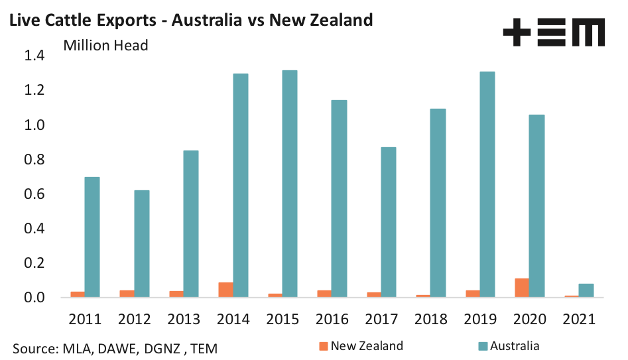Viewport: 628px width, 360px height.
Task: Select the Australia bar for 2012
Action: click(x=142, y=243)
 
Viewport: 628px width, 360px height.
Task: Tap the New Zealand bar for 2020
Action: click(x=522, y=288)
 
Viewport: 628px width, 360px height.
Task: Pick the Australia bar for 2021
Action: click(x=586, y=290)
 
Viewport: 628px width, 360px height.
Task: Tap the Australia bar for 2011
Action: click(x=92, y=237)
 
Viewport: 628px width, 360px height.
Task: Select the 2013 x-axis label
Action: click(x=183, y=320)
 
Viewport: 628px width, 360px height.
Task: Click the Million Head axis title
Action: click(x=105, y=46)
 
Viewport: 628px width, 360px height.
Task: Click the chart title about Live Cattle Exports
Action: click(x=190, y=20)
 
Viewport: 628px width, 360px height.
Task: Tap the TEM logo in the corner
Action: click(x=553, y=32)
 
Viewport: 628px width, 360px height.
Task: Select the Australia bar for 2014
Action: click(x=240, y=185)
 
